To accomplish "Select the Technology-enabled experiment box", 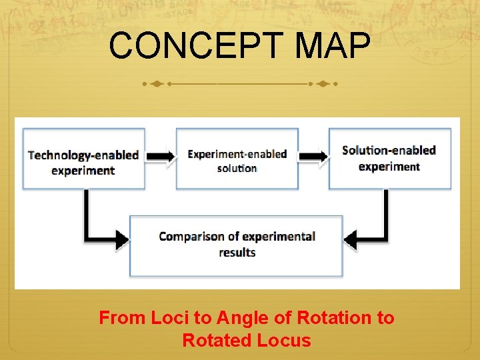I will [83, 158].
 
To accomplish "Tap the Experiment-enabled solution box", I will [237, 158].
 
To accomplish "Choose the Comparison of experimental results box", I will [236, 245].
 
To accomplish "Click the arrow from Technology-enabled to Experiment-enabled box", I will [160, 156].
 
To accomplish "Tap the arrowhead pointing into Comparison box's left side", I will [121, 238].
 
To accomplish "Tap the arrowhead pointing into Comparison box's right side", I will [351, 238].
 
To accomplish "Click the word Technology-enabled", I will [83, 155].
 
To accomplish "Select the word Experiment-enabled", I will [237, 154].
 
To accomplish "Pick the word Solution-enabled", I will [389, 150].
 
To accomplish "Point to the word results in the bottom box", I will [237, 253].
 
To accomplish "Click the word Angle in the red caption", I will [239, 318].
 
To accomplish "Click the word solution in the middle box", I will [237, 168].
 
